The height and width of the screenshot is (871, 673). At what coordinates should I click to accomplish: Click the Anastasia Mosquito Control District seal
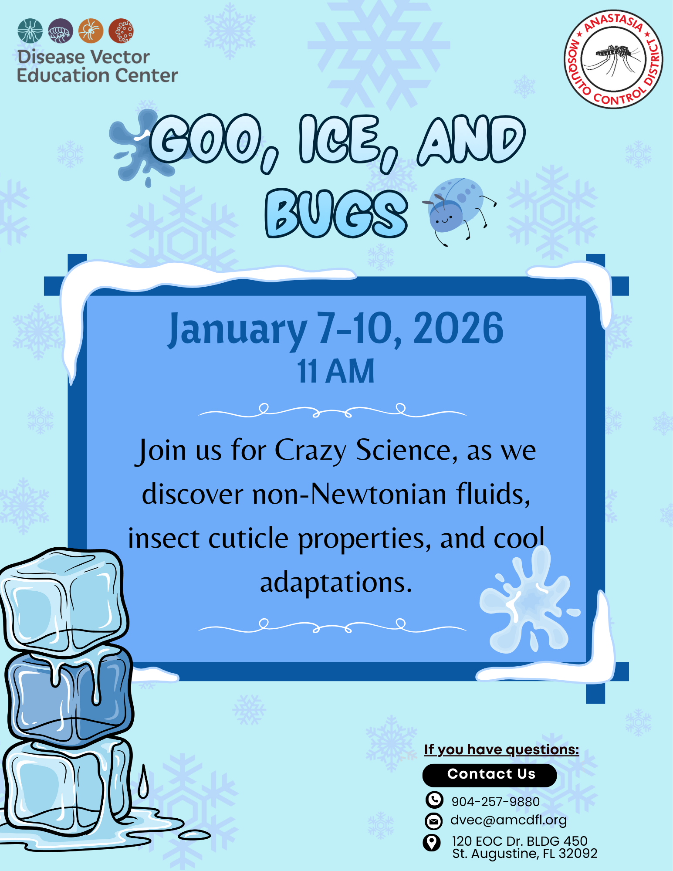[613, 59]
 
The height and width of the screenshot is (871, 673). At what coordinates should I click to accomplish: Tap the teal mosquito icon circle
[30, 31]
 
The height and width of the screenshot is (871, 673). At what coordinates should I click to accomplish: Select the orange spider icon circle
[91, 31]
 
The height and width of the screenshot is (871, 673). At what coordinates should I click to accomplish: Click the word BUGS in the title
[336, 214]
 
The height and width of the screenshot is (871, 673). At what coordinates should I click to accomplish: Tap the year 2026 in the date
[458, 328]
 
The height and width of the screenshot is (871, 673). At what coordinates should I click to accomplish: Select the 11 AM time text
[336, 371]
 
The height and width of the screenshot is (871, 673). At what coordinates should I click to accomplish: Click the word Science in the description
[407, 450]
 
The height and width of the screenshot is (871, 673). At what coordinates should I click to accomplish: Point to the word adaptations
[336, 583]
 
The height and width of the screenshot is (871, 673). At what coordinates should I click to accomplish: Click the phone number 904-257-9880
[495, 802]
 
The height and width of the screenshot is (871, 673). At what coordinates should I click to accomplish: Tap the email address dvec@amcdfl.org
[508, 820]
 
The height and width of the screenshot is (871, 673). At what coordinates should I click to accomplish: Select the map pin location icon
[432, 842]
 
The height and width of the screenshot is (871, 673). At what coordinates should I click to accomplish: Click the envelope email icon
[433, 821]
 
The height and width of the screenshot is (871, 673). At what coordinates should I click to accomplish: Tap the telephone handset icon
[434, 800]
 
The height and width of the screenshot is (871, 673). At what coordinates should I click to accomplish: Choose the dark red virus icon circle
[121, 31]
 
